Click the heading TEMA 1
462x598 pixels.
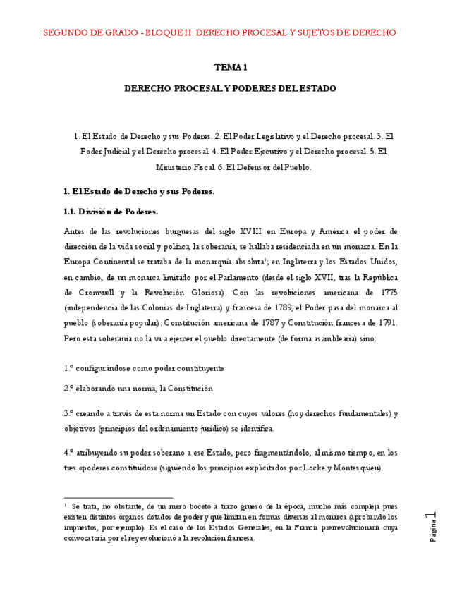231,68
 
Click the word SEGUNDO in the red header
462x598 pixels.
65,32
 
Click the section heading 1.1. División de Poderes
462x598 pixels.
111,212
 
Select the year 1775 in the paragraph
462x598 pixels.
387,292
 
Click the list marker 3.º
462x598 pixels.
69,413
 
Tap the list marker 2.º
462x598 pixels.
69,389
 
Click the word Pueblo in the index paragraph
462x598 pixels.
296,168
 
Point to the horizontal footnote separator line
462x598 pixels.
118,498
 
